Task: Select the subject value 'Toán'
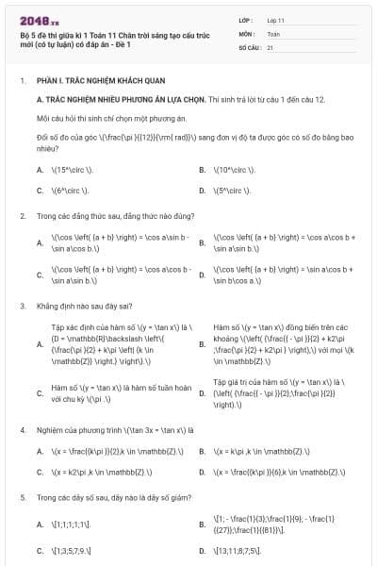point(273,32)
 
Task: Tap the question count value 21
point(270,46)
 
